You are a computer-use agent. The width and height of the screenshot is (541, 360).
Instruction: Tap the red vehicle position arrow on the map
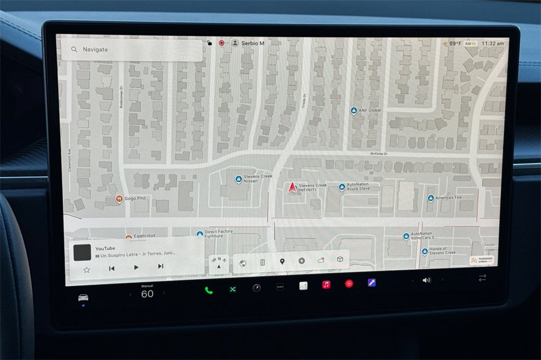pos(292,187)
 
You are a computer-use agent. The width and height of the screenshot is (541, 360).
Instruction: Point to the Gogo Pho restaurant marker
pos(119,198)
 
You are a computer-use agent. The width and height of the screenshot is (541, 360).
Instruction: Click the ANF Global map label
pos(370,110)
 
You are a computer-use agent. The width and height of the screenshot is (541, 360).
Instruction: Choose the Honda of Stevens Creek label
pos(441,251)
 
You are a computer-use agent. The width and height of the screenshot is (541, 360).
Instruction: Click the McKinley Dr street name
pos(379,154)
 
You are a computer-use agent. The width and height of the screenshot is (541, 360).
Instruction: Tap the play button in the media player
pos(136,268)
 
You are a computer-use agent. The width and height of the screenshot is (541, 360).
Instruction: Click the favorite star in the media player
pos(87,269)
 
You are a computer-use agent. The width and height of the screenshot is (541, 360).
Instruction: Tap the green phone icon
pos(209,290)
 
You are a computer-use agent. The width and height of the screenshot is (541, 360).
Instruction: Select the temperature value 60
pos(147,294)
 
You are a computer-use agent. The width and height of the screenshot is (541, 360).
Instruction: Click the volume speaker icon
pos(426,280)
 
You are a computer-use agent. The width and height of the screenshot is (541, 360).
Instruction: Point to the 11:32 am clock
pos(492,43)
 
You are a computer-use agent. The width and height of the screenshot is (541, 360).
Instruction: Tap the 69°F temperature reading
pos(455,43)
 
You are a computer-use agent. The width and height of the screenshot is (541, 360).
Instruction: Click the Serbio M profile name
pos(253,43)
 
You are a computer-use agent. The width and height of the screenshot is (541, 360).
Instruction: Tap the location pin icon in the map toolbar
pos(282,262)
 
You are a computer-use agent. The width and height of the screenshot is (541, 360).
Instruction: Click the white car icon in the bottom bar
pos(83,297)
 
